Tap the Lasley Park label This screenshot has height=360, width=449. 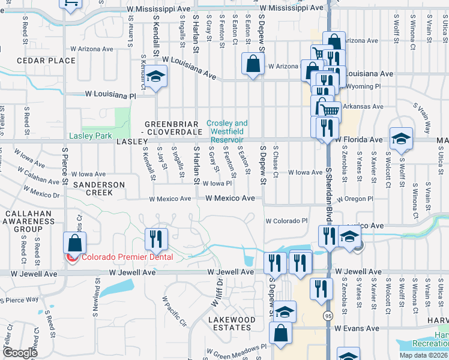point(90,136)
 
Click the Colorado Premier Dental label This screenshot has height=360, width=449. point(127,257)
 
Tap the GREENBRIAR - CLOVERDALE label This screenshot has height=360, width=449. point(171,127)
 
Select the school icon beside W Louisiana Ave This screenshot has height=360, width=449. point(155,77)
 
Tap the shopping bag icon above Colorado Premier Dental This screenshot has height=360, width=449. point(74,243)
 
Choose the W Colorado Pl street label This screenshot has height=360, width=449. point(286,220)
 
